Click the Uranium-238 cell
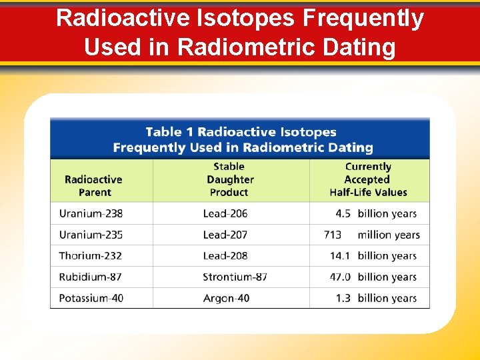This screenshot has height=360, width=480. pos(91,213)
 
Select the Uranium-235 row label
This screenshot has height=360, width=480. pos(91,235)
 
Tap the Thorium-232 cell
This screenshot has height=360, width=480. pos(90,255)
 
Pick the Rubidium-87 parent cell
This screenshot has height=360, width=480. pos(90,277)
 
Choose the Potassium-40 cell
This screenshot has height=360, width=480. pos(91,298)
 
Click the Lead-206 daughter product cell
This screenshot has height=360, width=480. pos(225,213)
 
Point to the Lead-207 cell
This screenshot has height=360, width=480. pos(225,235)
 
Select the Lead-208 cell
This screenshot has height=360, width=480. pos(225,255)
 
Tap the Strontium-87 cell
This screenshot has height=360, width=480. pos(235,277)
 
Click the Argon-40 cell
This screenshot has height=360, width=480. pos(226,298)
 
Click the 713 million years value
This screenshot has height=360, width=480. pos(371,235)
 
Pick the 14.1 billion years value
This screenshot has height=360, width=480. pos(373,255)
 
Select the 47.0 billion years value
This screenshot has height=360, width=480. pos(373,277)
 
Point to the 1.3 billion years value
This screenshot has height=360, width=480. pos(376,298)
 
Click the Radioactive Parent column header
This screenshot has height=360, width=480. pos(93,185)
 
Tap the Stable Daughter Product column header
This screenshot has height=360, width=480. pos(229,179)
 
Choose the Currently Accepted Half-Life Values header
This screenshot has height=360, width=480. pos(368,179)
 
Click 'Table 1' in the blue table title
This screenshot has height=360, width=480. pos(169,132)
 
